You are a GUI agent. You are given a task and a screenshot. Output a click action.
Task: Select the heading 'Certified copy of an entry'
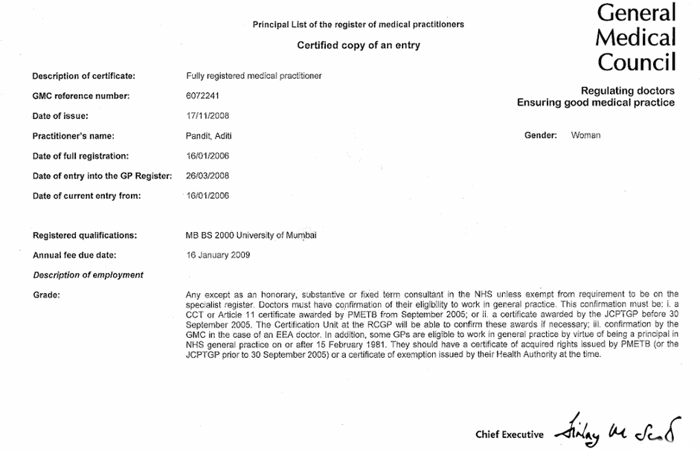359,45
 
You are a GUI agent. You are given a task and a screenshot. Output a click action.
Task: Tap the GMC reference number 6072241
202,96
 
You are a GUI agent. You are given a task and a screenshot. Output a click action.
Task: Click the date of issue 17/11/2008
208,116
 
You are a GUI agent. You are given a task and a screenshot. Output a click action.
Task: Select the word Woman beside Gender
585,135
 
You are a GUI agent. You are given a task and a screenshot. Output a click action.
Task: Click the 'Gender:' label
541,135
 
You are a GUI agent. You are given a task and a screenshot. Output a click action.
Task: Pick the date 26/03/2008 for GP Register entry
208,176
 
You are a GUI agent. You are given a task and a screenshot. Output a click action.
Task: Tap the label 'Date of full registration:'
80,156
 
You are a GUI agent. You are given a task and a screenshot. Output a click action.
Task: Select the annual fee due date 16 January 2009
218,255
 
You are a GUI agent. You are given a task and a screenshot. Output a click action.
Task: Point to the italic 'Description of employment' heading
88,275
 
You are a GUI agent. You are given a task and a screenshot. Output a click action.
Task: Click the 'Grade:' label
46,295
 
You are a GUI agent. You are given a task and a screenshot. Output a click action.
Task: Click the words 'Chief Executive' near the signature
510,434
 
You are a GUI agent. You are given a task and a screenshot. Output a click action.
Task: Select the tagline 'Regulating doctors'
628,91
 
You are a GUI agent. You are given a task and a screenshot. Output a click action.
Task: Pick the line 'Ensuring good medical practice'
596,103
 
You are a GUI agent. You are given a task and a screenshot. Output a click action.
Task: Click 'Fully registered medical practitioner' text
253,76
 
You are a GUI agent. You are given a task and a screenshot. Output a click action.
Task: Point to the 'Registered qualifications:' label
85,236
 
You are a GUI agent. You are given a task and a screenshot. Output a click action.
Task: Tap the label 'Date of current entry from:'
86,196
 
